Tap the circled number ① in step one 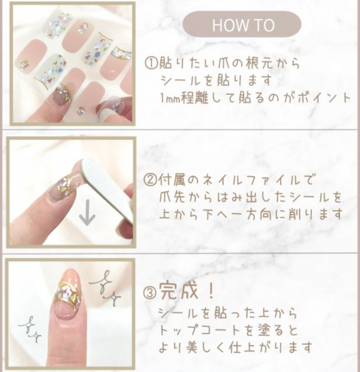pyautogui.click(x=151, y=64)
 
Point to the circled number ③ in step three pyautogui.click(x=151, y=292)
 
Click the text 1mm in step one pyautogui.click(x=171, y=98)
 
